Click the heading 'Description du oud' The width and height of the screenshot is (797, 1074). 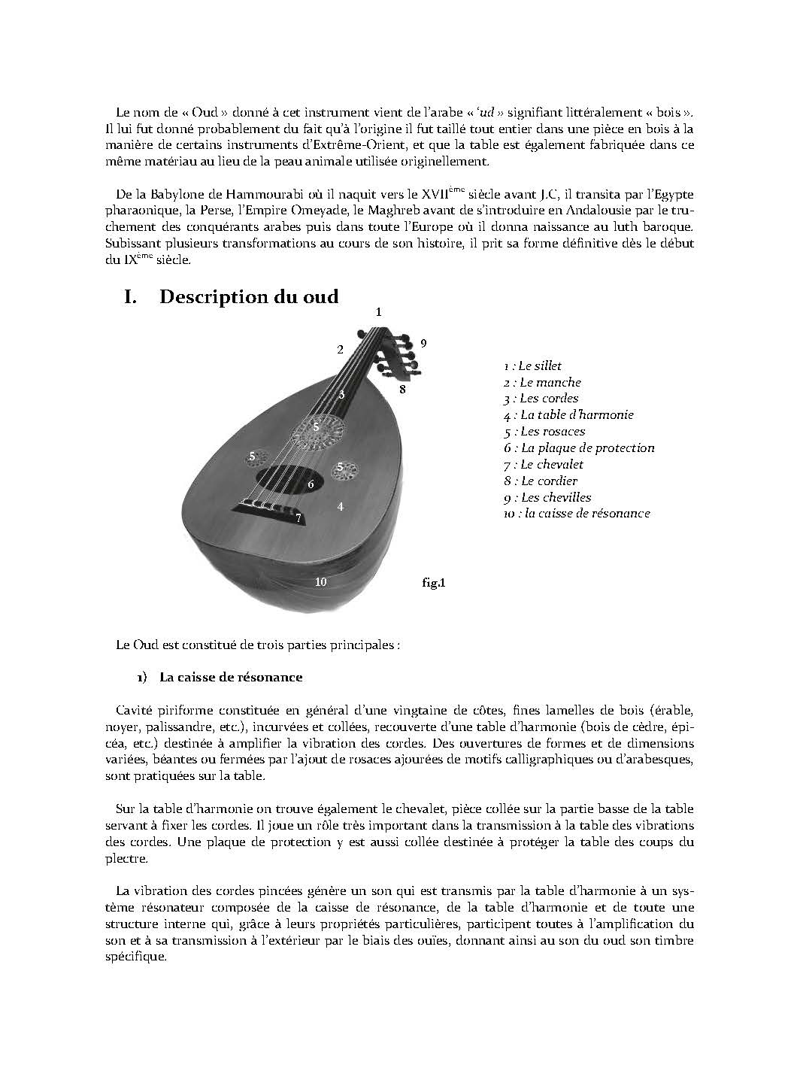click(248, 296)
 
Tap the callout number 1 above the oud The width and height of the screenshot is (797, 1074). click(379, 311)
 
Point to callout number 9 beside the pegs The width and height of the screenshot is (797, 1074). click(424, 343)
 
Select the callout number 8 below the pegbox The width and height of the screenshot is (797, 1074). click(402, 389)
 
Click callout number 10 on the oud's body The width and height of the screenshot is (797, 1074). click(320, 581)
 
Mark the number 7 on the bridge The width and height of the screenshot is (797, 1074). click(298, 518)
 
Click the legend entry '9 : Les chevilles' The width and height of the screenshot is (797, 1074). click(547, 497)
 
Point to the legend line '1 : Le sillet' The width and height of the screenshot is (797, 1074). click(533, 366)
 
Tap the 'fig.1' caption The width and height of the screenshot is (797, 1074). click(435, 581)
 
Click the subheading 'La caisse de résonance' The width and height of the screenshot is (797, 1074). click(230, 677)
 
